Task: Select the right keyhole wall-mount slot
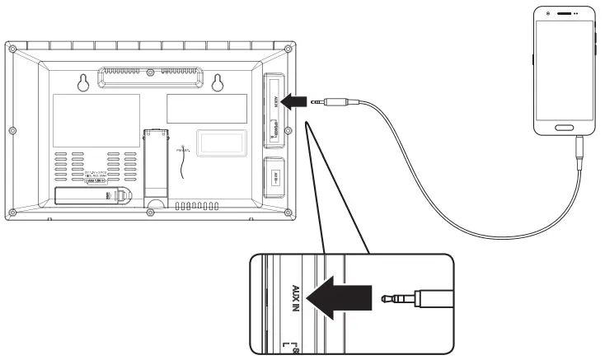[218, 82]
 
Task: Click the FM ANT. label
[182, 149]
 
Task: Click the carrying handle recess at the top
[151, 76]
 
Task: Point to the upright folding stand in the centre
[154, 165]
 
